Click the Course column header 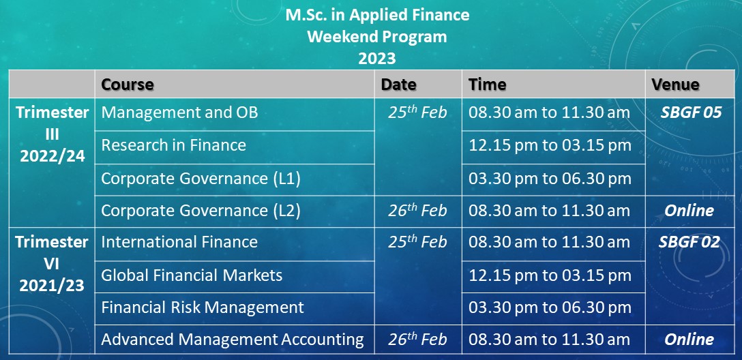pyautogui.click(x=128, y=85)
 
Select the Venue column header pyautogui.click(x=675, y=85)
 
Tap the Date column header pyautogui.click(x=399, y=85)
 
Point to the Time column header pyautogui.click(x=488, y=85)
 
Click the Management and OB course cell pyautogui.click(x=180, y=112)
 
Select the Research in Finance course pyautogui.click(x=174, y=145)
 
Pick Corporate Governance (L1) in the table pyautogui.click(x=201, y=179)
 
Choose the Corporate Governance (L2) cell pyautogui.click(x=201, y=211)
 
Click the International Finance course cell pyautogui.click(x=180, y=242)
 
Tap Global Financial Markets pyautogui.click(x=192, y=275)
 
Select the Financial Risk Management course pyautogui.click(x=203, y=307)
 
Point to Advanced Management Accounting pyautogui.click(x=233, y=340)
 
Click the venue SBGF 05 pyautogui.click(x=691, y=112)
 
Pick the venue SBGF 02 pyautogui.click(x=689, y=242)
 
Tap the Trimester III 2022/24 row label pyautogui.click(x=52, y=134)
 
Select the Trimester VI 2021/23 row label pyautogui.click(x=52, y=264)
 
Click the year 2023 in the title pyautogui.click(x=376, y=59)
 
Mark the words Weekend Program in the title pyautogui.click(x=377, y=36)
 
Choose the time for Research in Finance pyautogui.click(x=550, y=145)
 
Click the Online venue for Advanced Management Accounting pyautogui.click(x=689, y=340)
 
